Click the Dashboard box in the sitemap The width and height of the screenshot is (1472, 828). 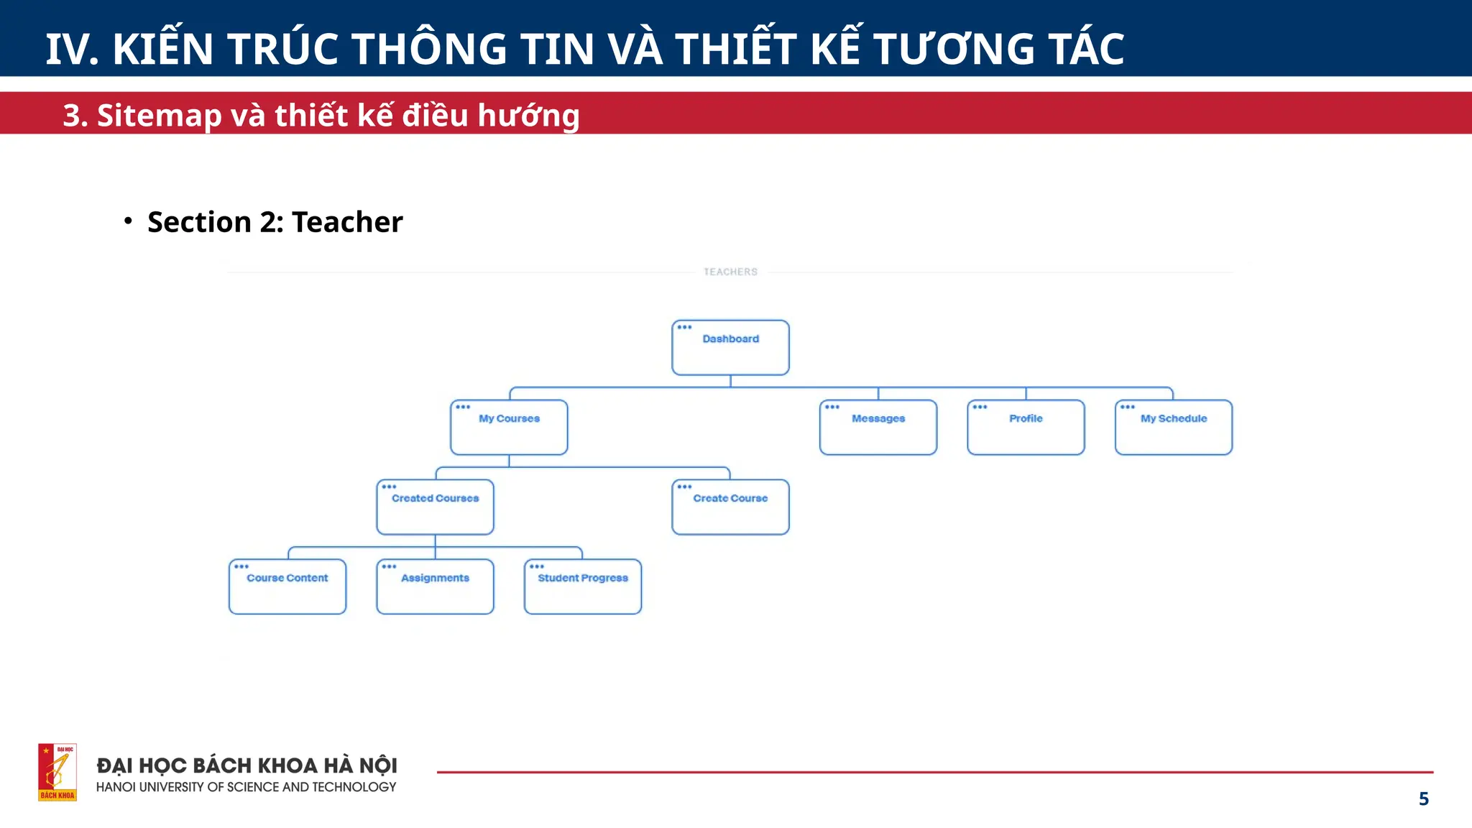tap(730, 348)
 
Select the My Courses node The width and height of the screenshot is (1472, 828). tap(509, 428)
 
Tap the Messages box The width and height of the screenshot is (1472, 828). tap(878, 428)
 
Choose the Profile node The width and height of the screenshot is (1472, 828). tap(1026, 428)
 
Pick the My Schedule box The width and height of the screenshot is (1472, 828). tap(1173, 428)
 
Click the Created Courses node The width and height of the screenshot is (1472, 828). tap(435, 507)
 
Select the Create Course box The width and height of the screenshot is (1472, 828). tap(730, 507)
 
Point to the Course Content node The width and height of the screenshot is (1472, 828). tap(287, 587)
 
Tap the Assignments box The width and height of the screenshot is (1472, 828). tap(435, 587)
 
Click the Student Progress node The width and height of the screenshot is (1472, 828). tap(583, 587)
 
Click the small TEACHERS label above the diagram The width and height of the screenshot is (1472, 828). tap(730, 272)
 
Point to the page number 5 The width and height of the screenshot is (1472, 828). tap(1423, 799)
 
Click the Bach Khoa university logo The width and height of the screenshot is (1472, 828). tap(57, 772)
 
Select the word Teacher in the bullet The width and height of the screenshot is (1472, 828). tap(347, 222)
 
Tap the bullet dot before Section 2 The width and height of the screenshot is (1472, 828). tap(128, 221)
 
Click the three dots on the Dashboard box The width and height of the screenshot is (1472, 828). tap(684, 328)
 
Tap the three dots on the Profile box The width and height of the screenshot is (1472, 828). tap(980, 408)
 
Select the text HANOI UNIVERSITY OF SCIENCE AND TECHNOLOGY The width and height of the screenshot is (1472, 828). tap(246, 787)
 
